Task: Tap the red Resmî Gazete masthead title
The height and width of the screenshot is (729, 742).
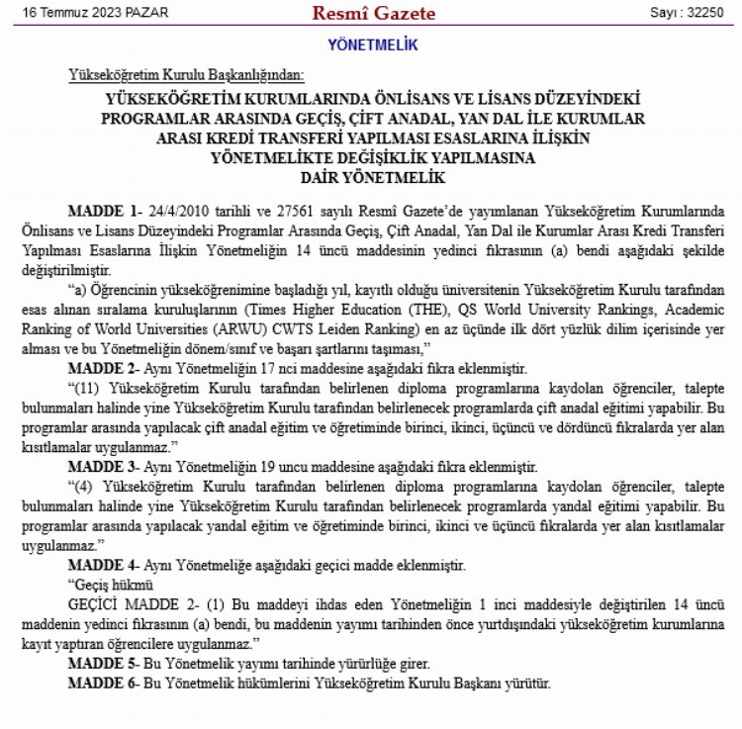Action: [373, 13]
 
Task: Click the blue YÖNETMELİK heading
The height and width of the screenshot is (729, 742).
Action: [372, 46]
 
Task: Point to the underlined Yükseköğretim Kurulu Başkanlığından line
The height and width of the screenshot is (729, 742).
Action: [187, 76]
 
